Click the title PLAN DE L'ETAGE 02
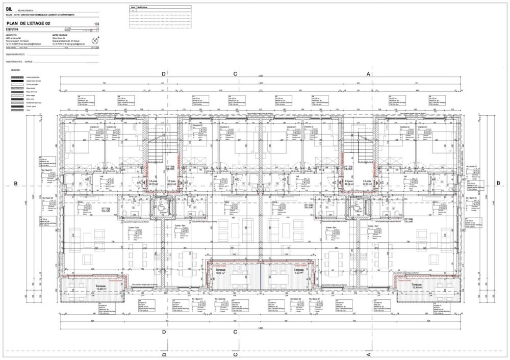click(x=29, y=23)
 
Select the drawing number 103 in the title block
click(x=96, y=24)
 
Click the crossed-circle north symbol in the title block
click(x=94, y=40)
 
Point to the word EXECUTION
click(x=15, y=30)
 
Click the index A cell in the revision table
click(x=133, y=11)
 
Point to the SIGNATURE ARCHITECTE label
click(x=15, y=54)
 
